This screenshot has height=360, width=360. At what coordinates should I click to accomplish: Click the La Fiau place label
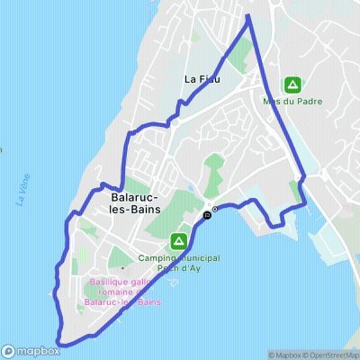[x=202, y=79]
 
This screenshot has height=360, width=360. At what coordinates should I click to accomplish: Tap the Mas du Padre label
[x=292, y=103]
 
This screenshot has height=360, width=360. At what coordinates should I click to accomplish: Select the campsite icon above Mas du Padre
[x=292, y=85]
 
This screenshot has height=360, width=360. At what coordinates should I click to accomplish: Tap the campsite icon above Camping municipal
[x=179, y=240]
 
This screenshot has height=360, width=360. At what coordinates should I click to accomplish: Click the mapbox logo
[x=31, y=351]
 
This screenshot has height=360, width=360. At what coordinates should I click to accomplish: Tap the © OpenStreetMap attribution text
[x=330, y=355]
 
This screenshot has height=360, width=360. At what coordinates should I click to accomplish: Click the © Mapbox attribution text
[x=283, y=355]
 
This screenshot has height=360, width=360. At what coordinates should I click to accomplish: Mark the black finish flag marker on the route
[x=208, y=214]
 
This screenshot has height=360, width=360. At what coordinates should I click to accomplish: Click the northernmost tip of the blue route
[x=247, y=15]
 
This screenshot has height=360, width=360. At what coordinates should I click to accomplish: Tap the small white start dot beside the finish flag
[x=215, y=209]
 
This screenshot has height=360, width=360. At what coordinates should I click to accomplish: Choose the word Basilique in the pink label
[x=108, y=283]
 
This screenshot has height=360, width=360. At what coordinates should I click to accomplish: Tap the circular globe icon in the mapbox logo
[x=8, y=351]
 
